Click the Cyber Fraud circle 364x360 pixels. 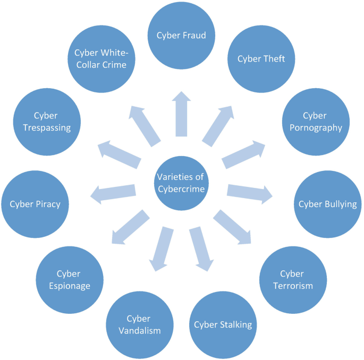[x=181, y=36]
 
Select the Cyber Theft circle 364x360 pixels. [x=261, y=58]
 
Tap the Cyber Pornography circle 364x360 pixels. [x=316, y=122]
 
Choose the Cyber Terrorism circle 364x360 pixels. [x=292, y=280]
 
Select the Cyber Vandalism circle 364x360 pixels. [x=139, y=324]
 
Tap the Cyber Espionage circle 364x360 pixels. [x=70, y=280]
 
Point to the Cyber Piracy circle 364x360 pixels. [x=35, y=204]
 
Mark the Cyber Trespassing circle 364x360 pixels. [x=47, y=122]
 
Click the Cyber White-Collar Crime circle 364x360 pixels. [x=101, y=58]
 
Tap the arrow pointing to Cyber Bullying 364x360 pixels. [x=250, y=193]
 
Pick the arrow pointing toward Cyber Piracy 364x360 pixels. [x=113, y=193]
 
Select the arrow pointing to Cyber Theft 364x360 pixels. [x=218, y=125]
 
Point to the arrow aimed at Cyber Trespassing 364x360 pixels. [x=117, y=153]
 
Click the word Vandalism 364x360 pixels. [x=139, y=330]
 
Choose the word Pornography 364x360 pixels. [x=316, y=127]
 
